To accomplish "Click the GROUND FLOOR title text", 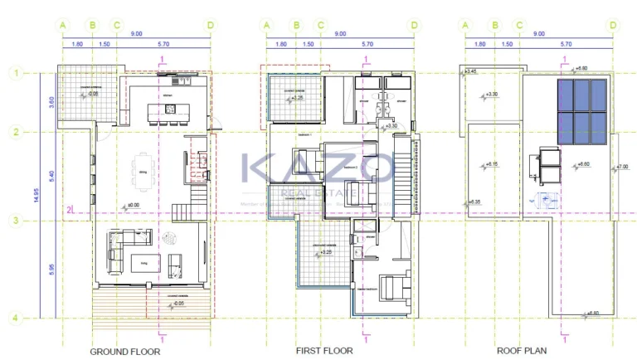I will click(124, 351).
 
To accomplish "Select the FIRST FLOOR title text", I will click(324, 351).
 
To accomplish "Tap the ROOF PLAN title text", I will click(522, 351).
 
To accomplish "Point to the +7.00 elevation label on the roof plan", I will click(622, 168).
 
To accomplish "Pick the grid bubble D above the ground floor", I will click(211, 26).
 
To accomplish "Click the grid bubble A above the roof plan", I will click(465, 26).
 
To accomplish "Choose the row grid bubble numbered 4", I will click(14, 317).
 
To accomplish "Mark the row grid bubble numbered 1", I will click(14, 73).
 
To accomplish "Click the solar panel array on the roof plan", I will click(582, 112).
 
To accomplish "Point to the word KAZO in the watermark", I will click(318, 168).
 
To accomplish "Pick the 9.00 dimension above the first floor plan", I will click(340, 34).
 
